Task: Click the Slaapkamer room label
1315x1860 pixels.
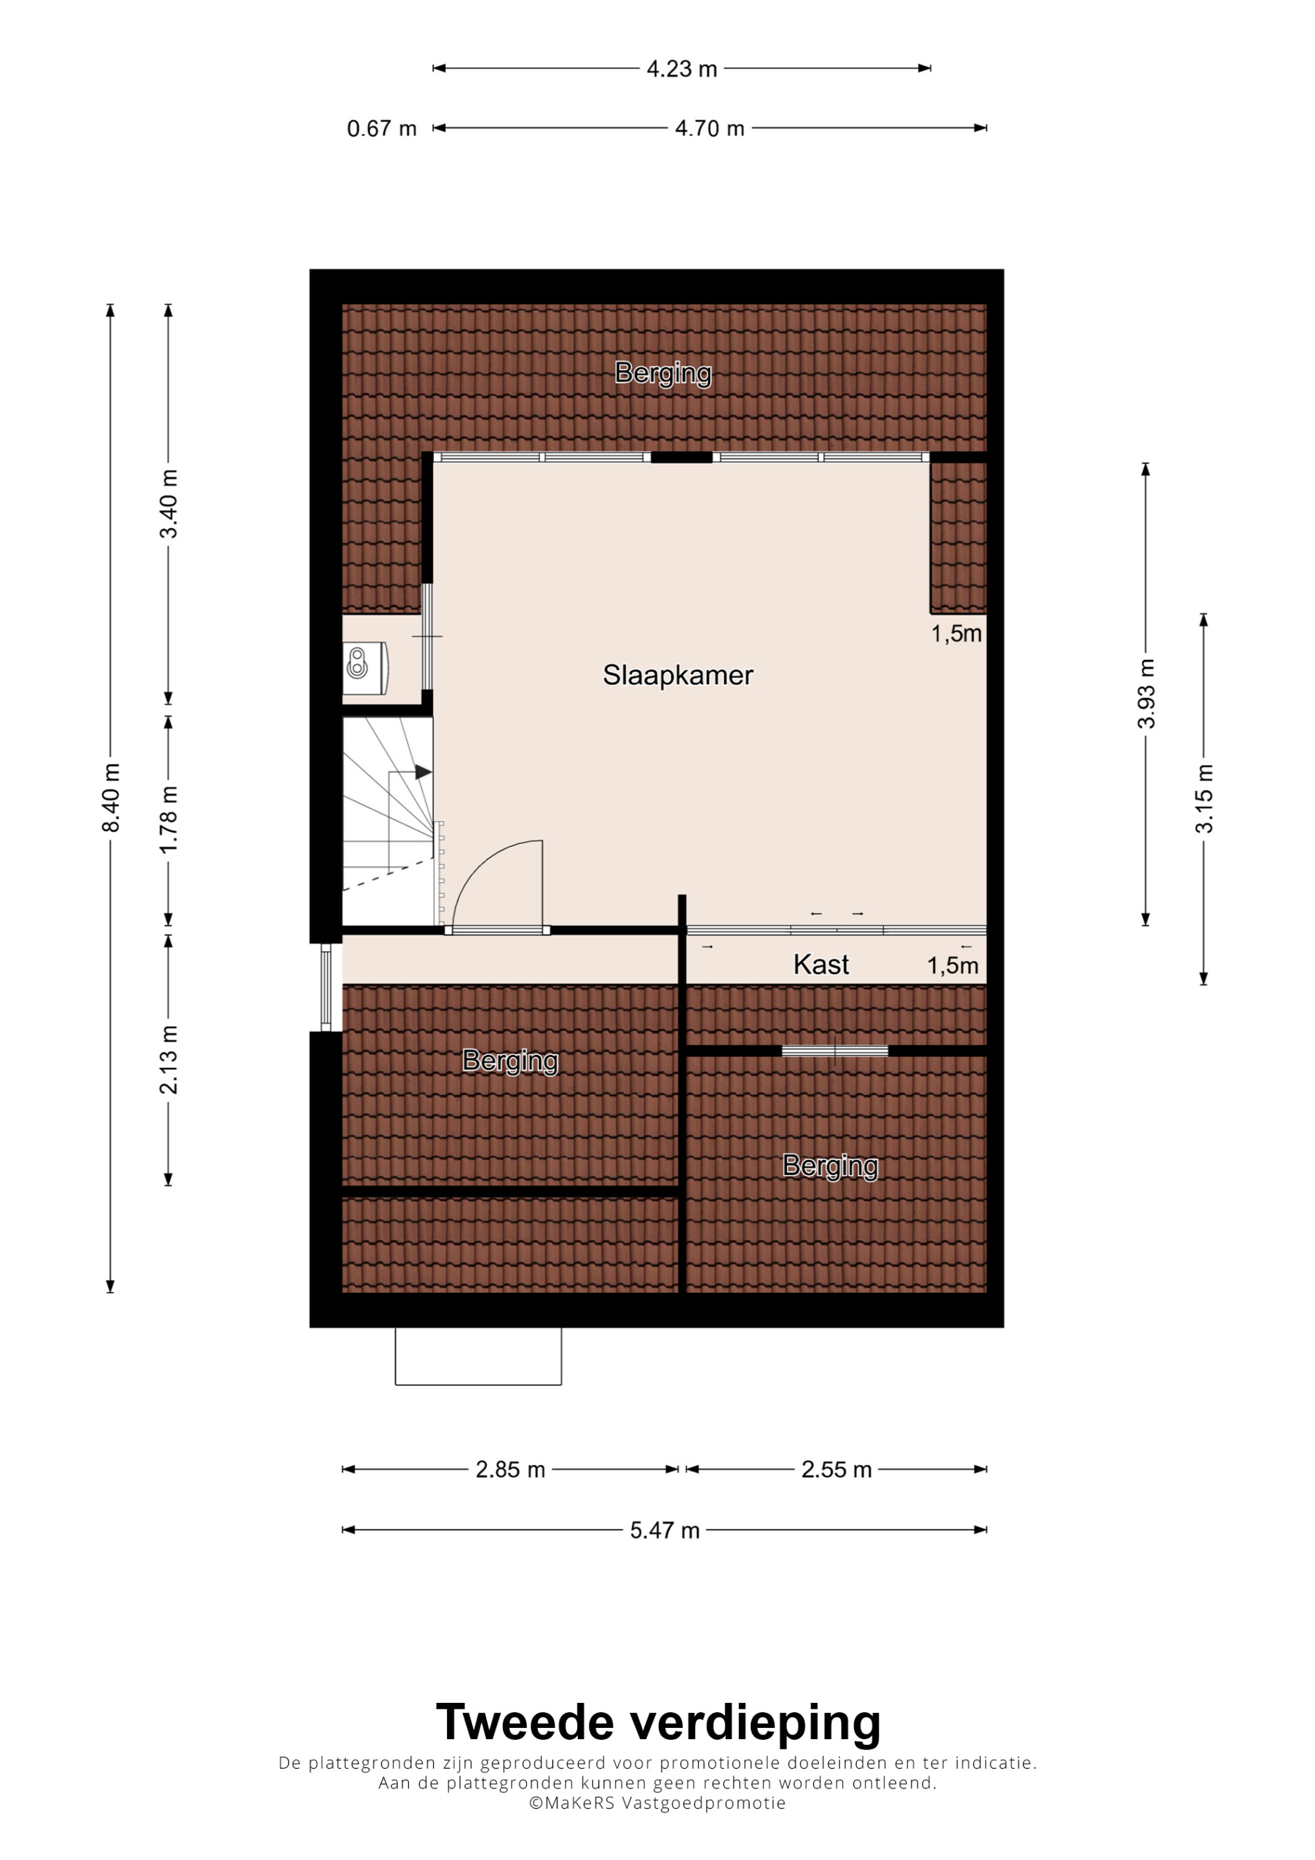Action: pyautogui.click(x=677, y=675)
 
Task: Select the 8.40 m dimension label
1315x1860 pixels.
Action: pyautogui.click(x=111, y=797)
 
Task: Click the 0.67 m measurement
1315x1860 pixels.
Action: pyautogui.click(x=381, y=128)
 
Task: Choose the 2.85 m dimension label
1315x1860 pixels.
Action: pyautogui.click(x=510, y=1470)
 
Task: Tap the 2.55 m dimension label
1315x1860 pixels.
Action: pyautogui.click(x=836, y=1470)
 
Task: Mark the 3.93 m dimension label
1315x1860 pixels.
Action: pyautogui.click(x=1145, y=693)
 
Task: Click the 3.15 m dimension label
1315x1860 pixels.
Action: pyautogui.click(x=1204, y=798)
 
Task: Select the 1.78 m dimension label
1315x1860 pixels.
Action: pyautogui.click(x=168, y=819)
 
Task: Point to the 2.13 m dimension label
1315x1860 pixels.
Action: pyautogui.click(x=168, y=1059)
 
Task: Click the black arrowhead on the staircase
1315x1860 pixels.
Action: pyautogui.click(x=423, y=772)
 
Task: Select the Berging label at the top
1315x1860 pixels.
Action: pyautogui.click(x=663, y=373)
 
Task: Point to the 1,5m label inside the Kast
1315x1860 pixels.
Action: pyautogui.click(x=953, y=965)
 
